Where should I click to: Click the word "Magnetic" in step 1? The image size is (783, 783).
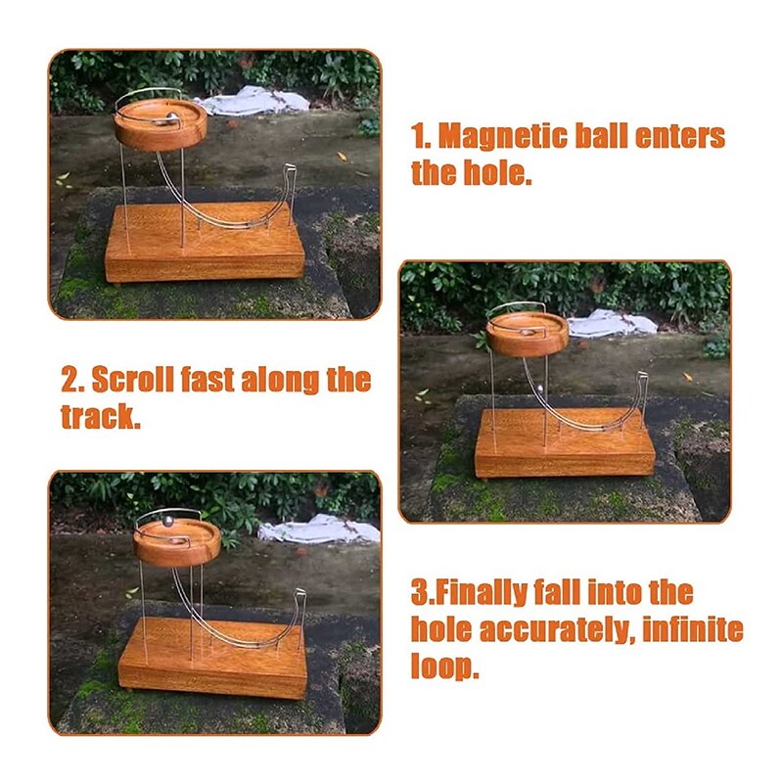pyautogui.click(x=504, y=136)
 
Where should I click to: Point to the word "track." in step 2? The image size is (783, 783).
pyautogui.click(x=101, y=417)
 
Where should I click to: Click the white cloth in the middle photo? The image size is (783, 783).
pyautogui.click(x=612, y=323)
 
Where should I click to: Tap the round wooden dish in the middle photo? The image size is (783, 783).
pyautogui.click(x=527, y=336)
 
